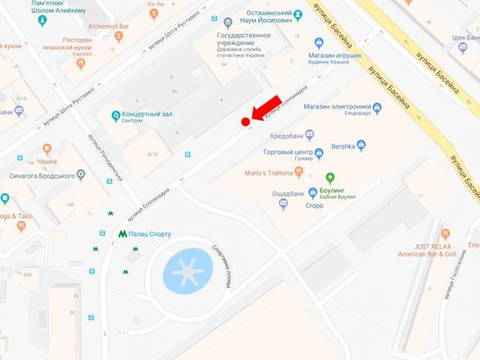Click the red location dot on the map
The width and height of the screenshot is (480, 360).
coord(246,122)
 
